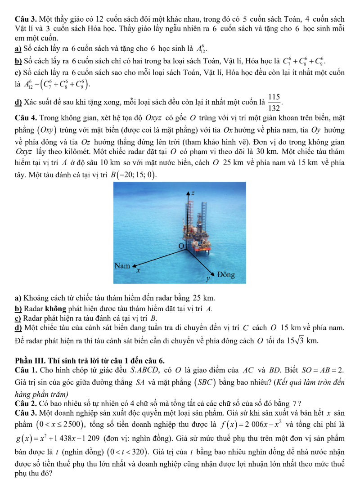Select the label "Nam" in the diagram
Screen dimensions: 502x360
(122, 266)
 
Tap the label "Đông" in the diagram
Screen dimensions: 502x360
(226, 274)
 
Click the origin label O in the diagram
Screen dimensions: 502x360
(182, 246)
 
